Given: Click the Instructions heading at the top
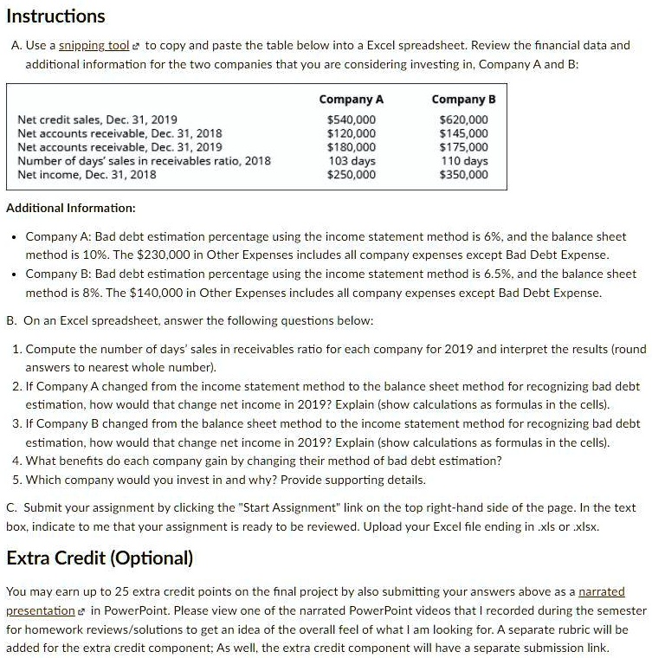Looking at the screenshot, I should [56, 16].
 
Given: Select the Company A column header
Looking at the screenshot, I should [352, 100].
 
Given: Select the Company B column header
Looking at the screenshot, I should [463, 100].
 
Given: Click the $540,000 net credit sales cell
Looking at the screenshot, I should [352, 119].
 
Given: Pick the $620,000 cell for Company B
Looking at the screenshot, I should [464, 119].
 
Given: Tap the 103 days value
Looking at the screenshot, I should [352, 161].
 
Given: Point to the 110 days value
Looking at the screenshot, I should [465, 161].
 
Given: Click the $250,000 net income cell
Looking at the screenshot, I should [352, 175].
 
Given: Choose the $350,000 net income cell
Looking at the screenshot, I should [464, 175].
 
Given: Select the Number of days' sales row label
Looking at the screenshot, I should [144, 161].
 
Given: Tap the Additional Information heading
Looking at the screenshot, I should [71, 209].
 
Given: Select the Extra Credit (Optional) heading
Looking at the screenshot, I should [100, 558].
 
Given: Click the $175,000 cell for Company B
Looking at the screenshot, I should [464, 147].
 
